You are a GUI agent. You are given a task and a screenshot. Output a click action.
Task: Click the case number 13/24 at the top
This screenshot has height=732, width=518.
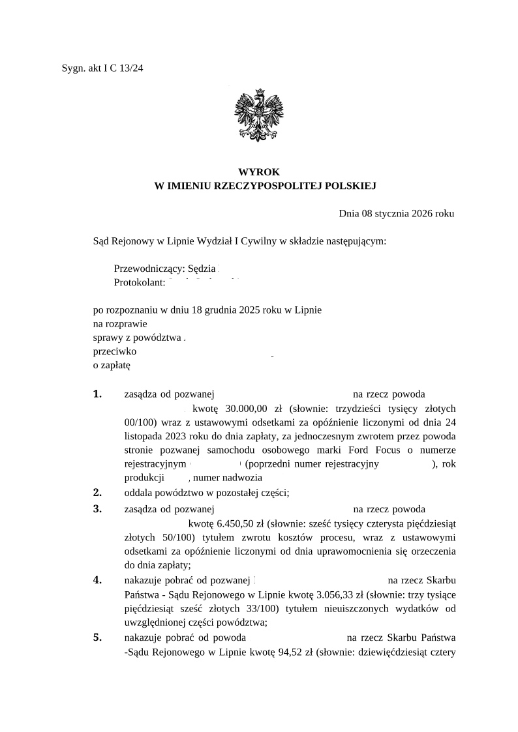[131, 68]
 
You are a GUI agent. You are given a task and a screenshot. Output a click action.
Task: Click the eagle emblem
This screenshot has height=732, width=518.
[259, 115]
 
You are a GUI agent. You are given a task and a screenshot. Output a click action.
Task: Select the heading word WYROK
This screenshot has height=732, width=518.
[259, 172]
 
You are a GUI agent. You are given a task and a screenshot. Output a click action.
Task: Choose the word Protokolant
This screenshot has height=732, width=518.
[139, 282]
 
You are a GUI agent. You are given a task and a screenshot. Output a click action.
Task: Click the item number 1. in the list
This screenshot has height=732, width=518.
[98, 394]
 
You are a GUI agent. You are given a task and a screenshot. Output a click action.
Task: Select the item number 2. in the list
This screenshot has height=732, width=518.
[98, 492]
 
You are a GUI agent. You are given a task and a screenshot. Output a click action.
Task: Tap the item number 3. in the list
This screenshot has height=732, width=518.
[98, 508]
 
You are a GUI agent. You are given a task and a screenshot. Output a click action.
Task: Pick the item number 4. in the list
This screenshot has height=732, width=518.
[98, 580]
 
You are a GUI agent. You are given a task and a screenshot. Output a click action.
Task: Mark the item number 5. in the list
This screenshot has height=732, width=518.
[98, 637]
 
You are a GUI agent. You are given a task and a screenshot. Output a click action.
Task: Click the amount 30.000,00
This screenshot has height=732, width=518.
[247, 409]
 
